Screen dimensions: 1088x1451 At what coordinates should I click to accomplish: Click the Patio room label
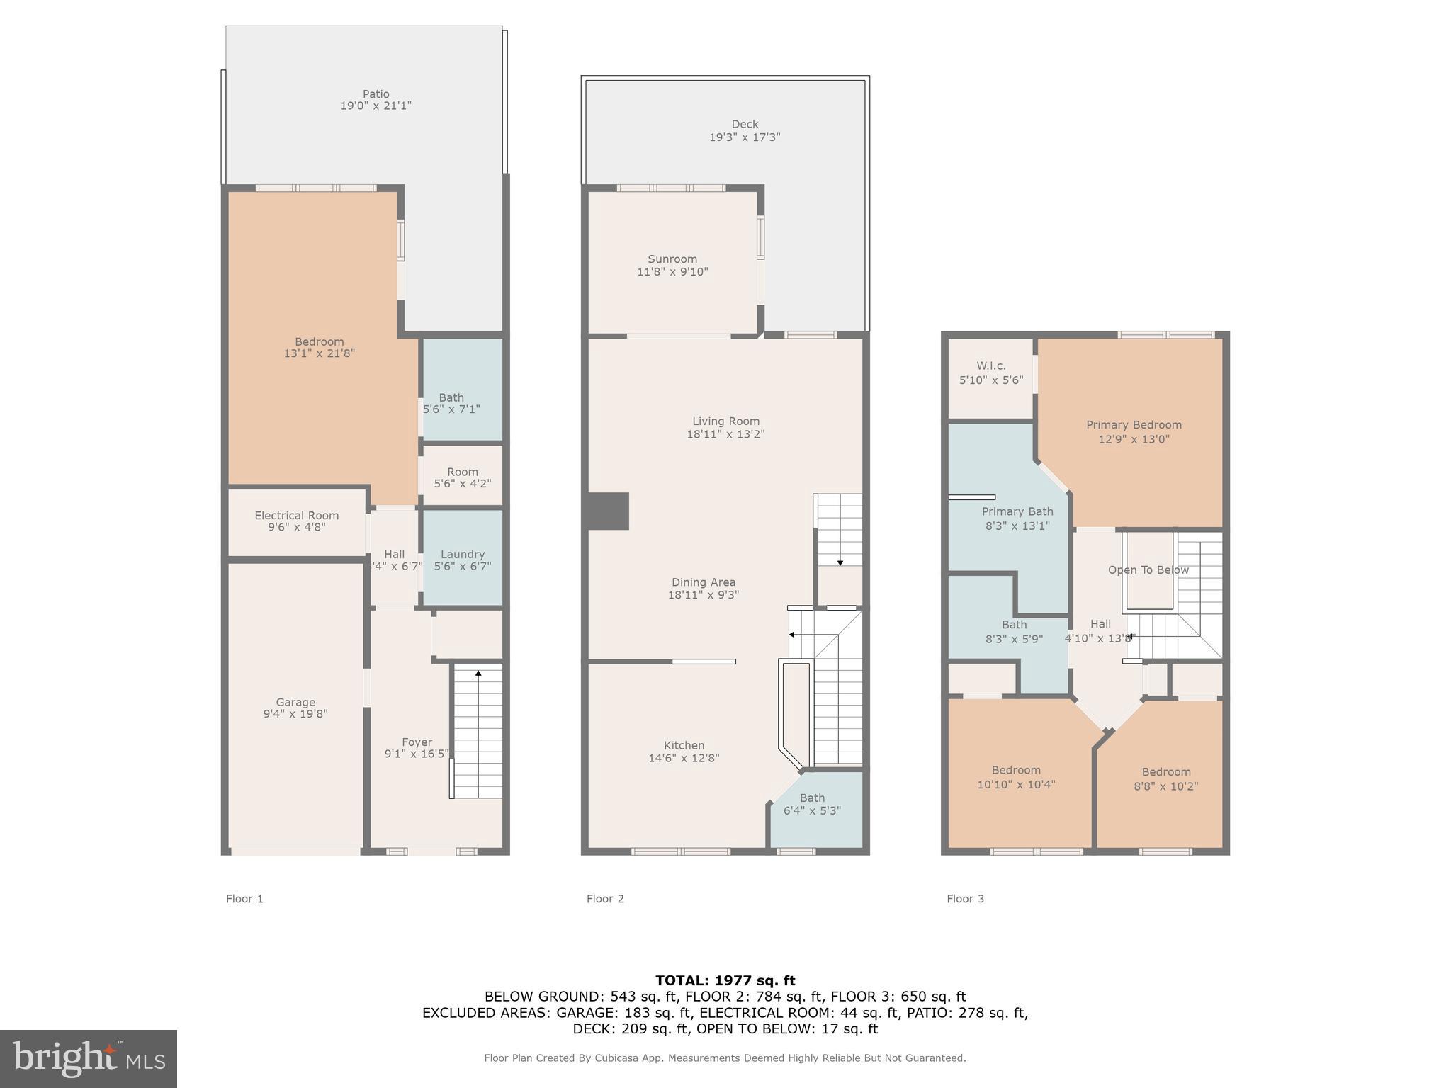point(376,94)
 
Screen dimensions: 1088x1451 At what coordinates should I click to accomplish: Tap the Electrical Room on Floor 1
point(296,521)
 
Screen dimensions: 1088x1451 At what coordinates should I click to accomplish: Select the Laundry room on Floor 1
point(462,560)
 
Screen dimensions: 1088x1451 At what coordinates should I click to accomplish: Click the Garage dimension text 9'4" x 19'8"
point(295,714)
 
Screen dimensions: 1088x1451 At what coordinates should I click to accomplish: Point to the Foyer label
point(417,742)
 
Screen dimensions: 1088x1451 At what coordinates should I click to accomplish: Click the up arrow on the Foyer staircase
point(478,674)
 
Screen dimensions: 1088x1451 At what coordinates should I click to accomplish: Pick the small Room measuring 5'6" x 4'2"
point(462,477)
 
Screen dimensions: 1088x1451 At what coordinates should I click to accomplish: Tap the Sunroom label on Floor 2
point(672,259)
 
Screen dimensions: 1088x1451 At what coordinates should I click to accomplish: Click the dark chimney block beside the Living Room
point(608,511)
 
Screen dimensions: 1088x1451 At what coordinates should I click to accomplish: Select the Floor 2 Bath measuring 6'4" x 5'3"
point(812,804)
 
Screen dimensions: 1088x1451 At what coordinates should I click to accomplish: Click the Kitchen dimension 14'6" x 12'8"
point(684,758)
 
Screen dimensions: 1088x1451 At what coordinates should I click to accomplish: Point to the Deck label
point(745,125)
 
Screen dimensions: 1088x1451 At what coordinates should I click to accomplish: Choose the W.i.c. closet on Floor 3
point(990,373)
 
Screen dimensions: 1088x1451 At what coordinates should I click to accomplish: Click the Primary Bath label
point(1017,511)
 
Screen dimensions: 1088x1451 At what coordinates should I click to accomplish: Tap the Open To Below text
point(1148,570)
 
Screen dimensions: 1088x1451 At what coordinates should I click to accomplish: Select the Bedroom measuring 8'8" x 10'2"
point(1165,779)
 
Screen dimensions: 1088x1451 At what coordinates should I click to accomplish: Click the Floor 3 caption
point(965,899)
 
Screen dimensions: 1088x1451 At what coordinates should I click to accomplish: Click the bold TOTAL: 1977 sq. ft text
point(725,980)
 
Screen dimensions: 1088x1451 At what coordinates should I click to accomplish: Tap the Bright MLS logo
point(89,1058)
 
